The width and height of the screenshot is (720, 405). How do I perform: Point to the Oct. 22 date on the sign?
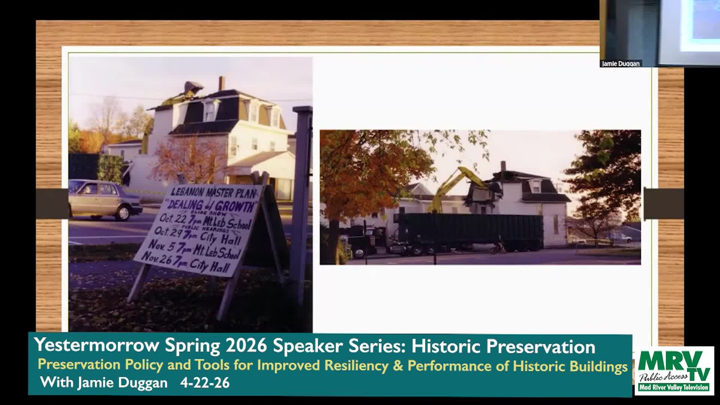173,218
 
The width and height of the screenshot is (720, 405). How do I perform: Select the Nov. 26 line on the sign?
186,262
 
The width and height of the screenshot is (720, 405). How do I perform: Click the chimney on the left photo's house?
222,83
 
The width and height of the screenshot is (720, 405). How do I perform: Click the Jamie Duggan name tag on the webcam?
621,64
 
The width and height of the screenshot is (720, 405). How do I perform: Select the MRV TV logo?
674,370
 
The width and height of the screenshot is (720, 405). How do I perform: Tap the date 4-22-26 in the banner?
205,383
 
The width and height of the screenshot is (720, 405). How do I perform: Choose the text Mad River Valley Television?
674,387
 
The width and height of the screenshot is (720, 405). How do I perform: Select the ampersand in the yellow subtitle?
398,366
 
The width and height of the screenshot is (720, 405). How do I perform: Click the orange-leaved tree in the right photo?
367,172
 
